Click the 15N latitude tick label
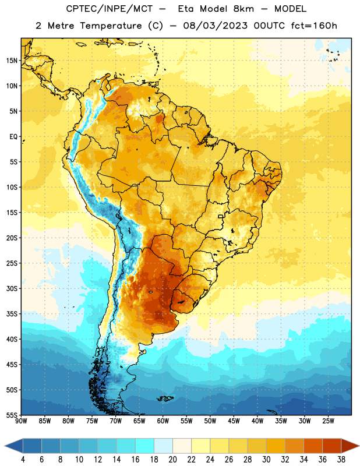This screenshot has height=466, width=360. coord(12,61)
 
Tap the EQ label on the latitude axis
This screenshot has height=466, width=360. coord(13,137)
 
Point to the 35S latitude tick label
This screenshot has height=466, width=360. coord(12,314)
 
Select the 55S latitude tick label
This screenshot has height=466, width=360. coord(12,415)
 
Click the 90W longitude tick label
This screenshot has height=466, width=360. coord(21,421)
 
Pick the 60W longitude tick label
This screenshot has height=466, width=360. coord(163,421)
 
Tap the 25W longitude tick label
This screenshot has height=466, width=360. coord(328,421)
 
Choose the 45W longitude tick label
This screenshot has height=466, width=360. coord(234,421)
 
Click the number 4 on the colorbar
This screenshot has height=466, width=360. coord(23,460)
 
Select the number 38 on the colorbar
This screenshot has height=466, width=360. coord(341,460)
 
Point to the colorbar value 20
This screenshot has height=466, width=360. coord(172,460)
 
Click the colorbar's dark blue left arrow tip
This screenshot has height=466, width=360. coord(5,446)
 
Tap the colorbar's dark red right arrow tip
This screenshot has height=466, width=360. coord(359,446)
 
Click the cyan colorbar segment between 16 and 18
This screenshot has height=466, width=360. coord(144,446)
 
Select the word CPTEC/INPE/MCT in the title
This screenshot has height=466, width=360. coord(110,9)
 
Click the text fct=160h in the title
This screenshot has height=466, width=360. coord(314,26)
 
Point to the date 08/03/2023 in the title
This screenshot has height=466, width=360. coord(215,26)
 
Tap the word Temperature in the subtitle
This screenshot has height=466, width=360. coord(111,26)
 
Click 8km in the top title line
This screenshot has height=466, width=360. coord(243,9)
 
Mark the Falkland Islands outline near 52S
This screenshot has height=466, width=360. coord(165,398)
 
